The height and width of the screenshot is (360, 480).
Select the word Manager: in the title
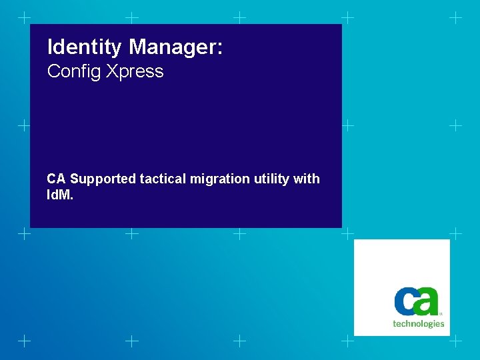pos(176,47)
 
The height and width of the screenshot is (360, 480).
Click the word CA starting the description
pos(56,179)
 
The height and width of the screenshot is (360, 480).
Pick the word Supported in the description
pos(103,179)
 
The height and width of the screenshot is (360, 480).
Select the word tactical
pos(163,179)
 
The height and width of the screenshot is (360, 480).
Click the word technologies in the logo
pos(418,324)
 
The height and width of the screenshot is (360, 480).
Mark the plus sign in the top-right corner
pos(456,17)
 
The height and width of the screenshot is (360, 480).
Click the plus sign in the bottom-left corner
pos(24,341)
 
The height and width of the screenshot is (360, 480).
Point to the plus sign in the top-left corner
pos(24,17)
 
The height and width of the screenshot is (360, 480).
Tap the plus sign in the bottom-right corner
pos(456,341)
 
